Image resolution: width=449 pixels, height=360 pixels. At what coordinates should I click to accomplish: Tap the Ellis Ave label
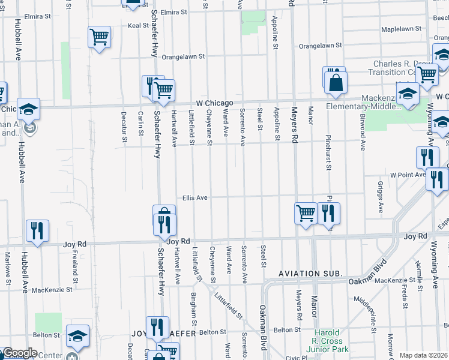pyautogui.click(x=195, y=197)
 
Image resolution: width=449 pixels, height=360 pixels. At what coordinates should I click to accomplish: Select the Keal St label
pyautogui.click(x=138, y=26)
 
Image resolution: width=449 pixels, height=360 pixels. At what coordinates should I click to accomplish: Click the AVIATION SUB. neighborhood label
pyautogui.click(x=310, y=274)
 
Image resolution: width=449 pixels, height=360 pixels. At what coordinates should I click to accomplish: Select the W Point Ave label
pyautogui.click(x=407, y=175)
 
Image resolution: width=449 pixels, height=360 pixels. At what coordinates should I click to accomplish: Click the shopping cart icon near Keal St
pyautogui.click(x=100, y=37)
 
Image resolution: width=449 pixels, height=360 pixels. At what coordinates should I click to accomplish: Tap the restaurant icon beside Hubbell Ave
pyautogui.click(x=37, y=230)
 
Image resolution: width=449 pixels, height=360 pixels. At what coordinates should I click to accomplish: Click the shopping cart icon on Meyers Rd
pyautogui.click(x=306, y=212)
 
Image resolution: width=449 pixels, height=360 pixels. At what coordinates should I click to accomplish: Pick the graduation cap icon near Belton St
pyautogui.click(x=77, y=337)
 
